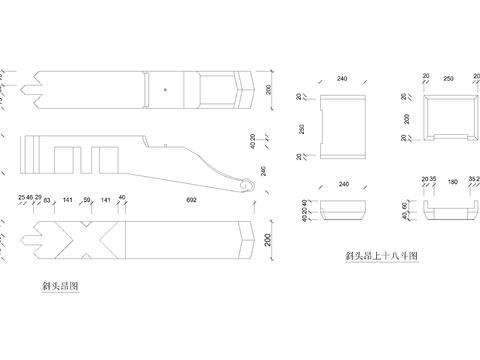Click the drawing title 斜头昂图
pyautogui.click(x=60, y=286)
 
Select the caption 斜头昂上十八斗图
pyautogui.click(x=379, y=255)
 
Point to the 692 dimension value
pyautogui.click(x=192, y=200)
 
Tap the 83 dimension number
pyautogui.click(x=48, y=200)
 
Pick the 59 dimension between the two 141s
pyautogui.click(x=87, y=200)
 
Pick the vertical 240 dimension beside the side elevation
pyautogui.click(x=263, y=171)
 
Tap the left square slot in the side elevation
pyautogui.click(x=68, y=160)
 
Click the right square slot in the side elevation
pyautogui.click(x=105, y=160)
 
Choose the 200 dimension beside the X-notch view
pyautogui.click(x=268, y=240)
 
